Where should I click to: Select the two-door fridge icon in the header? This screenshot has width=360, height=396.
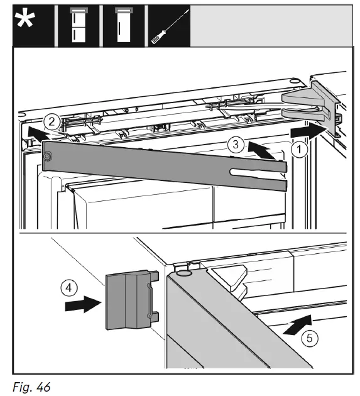coord(79,25)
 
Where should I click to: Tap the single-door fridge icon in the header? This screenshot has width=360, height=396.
coord(123,25)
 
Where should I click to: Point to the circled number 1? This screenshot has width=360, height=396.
coord(299,149)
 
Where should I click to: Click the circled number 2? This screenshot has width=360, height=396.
coord(52,122)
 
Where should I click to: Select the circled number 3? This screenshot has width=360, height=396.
coord(236,145)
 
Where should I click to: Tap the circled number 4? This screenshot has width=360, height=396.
coord(69,288)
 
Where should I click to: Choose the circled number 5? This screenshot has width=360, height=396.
coord(310,338)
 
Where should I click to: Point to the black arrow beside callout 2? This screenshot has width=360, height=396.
coord(37,133)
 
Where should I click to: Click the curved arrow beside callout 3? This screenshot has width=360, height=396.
coord(261,151)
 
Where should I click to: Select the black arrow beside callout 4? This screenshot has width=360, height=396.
coord(84,305)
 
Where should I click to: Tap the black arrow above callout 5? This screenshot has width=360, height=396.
coord(298,325)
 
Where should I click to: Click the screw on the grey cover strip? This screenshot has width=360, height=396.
coord(46,157)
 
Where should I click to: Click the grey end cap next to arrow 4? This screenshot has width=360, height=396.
coord(132,300)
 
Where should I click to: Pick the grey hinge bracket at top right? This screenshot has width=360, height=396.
coord(312,107)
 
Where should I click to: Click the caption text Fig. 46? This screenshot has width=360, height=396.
coord(31,387)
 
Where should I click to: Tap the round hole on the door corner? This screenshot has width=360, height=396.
coord(183,273)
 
